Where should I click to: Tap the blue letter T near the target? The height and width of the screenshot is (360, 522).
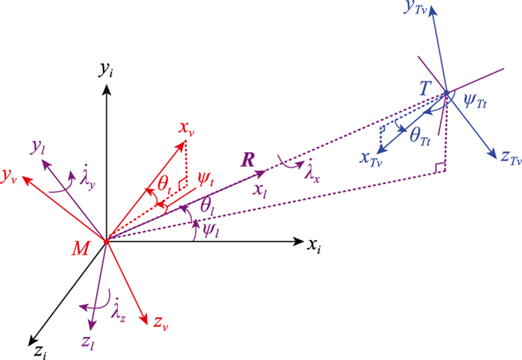[425, 89]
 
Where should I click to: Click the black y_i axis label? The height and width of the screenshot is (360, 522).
[105, 70]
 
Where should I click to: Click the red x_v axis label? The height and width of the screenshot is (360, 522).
[186, 129]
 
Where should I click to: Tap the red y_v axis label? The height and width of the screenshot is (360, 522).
[10, 176]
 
